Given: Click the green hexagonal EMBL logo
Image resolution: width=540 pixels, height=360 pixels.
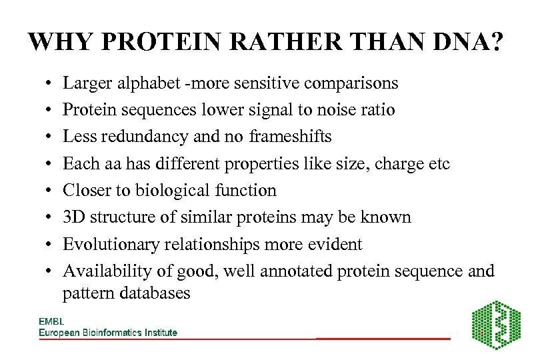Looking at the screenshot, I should (x=497, y=325).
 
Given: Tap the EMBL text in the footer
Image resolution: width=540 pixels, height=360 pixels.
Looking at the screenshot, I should (x=51, y=321).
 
